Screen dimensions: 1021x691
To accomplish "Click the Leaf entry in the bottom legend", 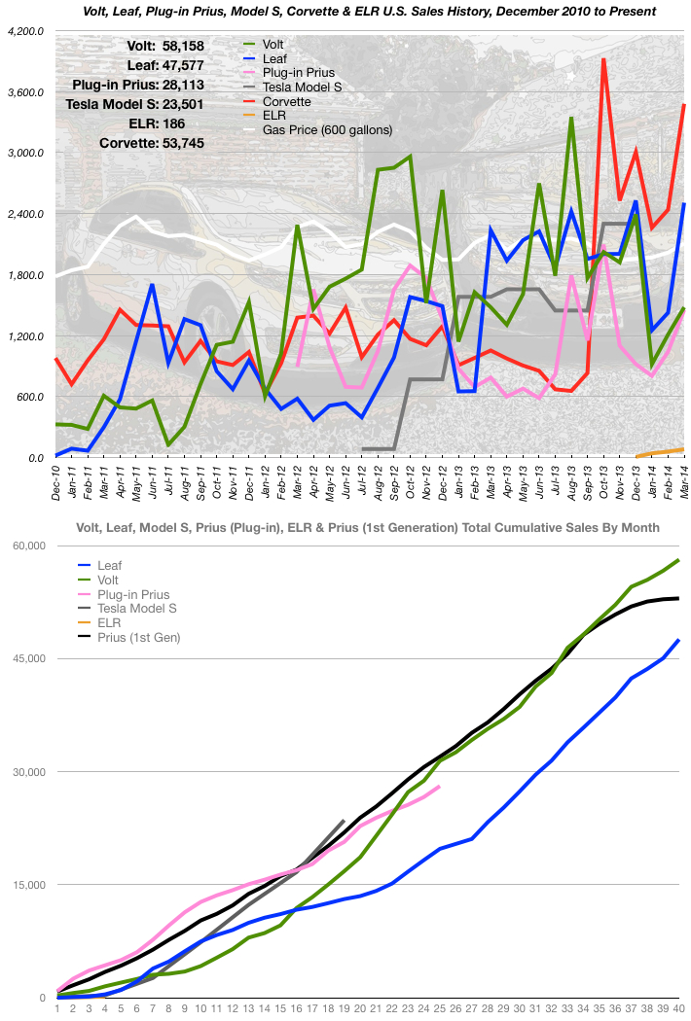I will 109,564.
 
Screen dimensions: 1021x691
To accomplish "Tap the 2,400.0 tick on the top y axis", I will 24,214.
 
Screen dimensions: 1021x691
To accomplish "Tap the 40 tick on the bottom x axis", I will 678,1008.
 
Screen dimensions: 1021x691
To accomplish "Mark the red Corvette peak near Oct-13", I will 604,59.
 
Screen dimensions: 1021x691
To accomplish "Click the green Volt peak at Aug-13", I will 571,118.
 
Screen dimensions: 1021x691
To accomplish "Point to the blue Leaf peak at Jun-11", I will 153,285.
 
